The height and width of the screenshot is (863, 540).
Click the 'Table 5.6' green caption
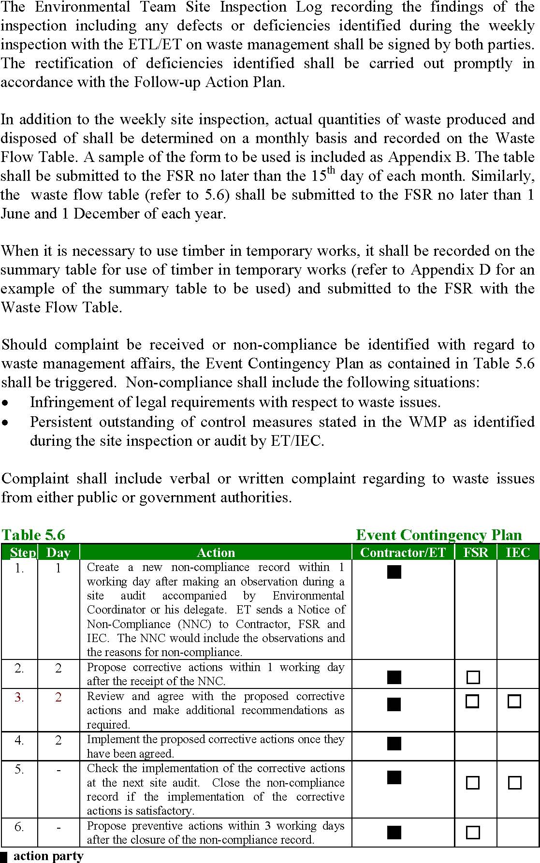[33, 535]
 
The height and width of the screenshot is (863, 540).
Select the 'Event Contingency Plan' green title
[438, 535]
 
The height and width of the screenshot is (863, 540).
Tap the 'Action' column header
[216, 552]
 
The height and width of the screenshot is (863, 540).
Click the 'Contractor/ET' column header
[403, 552]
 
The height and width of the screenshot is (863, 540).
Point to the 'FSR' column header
[476, 552]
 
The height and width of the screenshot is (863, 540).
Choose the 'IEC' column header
[517, 552]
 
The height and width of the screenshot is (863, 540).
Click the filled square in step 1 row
[394, 572]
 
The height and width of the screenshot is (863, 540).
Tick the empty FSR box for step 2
[473, 677]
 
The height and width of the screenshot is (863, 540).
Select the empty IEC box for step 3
[514, 701]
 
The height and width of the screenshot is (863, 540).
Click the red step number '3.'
[19, 697]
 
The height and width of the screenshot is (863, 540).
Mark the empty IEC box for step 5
[514, 782]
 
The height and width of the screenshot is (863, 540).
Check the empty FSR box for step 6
[473, 832]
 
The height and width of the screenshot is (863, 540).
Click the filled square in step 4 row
[394, 743]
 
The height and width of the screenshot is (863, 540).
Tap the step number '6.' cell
[19, 827]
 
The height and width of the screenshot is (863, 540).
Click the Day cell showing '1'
[58, 568]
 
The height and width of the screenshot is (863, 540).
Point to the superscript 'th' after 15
[331, 170]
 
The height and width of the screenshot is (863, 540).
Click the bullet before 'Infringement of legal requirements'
[5, 403]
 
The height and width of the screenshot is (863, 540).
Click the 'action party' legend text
[48, 856]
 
